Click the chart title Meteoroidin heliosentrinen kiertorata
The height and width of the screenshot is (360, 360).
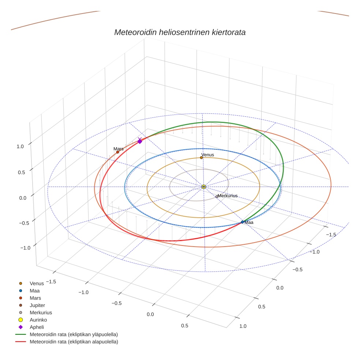[180, 33]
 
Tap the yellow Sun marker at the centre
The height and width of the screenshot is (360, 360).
[204, 187]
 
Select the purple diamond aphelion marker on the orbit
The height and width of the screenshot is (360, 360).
[139, 141]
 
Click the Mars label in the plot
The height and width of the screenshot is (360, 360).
[119, 149]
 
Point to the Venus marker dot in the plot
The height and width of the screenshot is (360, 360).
[201, 158]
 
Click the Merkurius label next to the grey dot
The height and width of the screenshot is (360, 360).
[228, 196]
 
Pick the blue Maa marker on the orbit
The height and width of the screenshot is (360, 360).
[242, 222]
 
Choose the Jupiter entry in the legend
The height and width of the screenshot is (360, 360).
[37, 305]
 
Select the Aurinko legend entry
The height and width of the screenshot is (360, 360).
[38, 320]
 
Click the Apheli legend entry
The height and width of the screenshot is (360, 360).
[37, 327]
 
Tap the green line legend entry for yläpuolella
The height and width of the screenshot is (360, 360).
[74, 334]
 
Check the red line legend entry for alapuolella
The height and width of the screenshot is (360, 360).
[74, 342]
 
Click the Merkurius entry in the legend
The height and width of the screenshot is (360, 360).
[41, 312]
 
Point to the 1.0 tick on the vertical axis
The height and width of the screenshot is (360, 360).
[20, 146]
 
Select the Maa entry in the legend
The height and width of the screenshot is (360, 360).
[35, 290]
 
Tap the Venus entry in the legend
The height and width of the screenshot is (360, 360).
[37, 283]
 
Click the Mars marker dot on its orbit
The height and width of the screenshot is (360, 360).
[117, 152]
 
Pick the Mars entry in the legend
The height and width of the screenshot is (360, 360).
[35, 298]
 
